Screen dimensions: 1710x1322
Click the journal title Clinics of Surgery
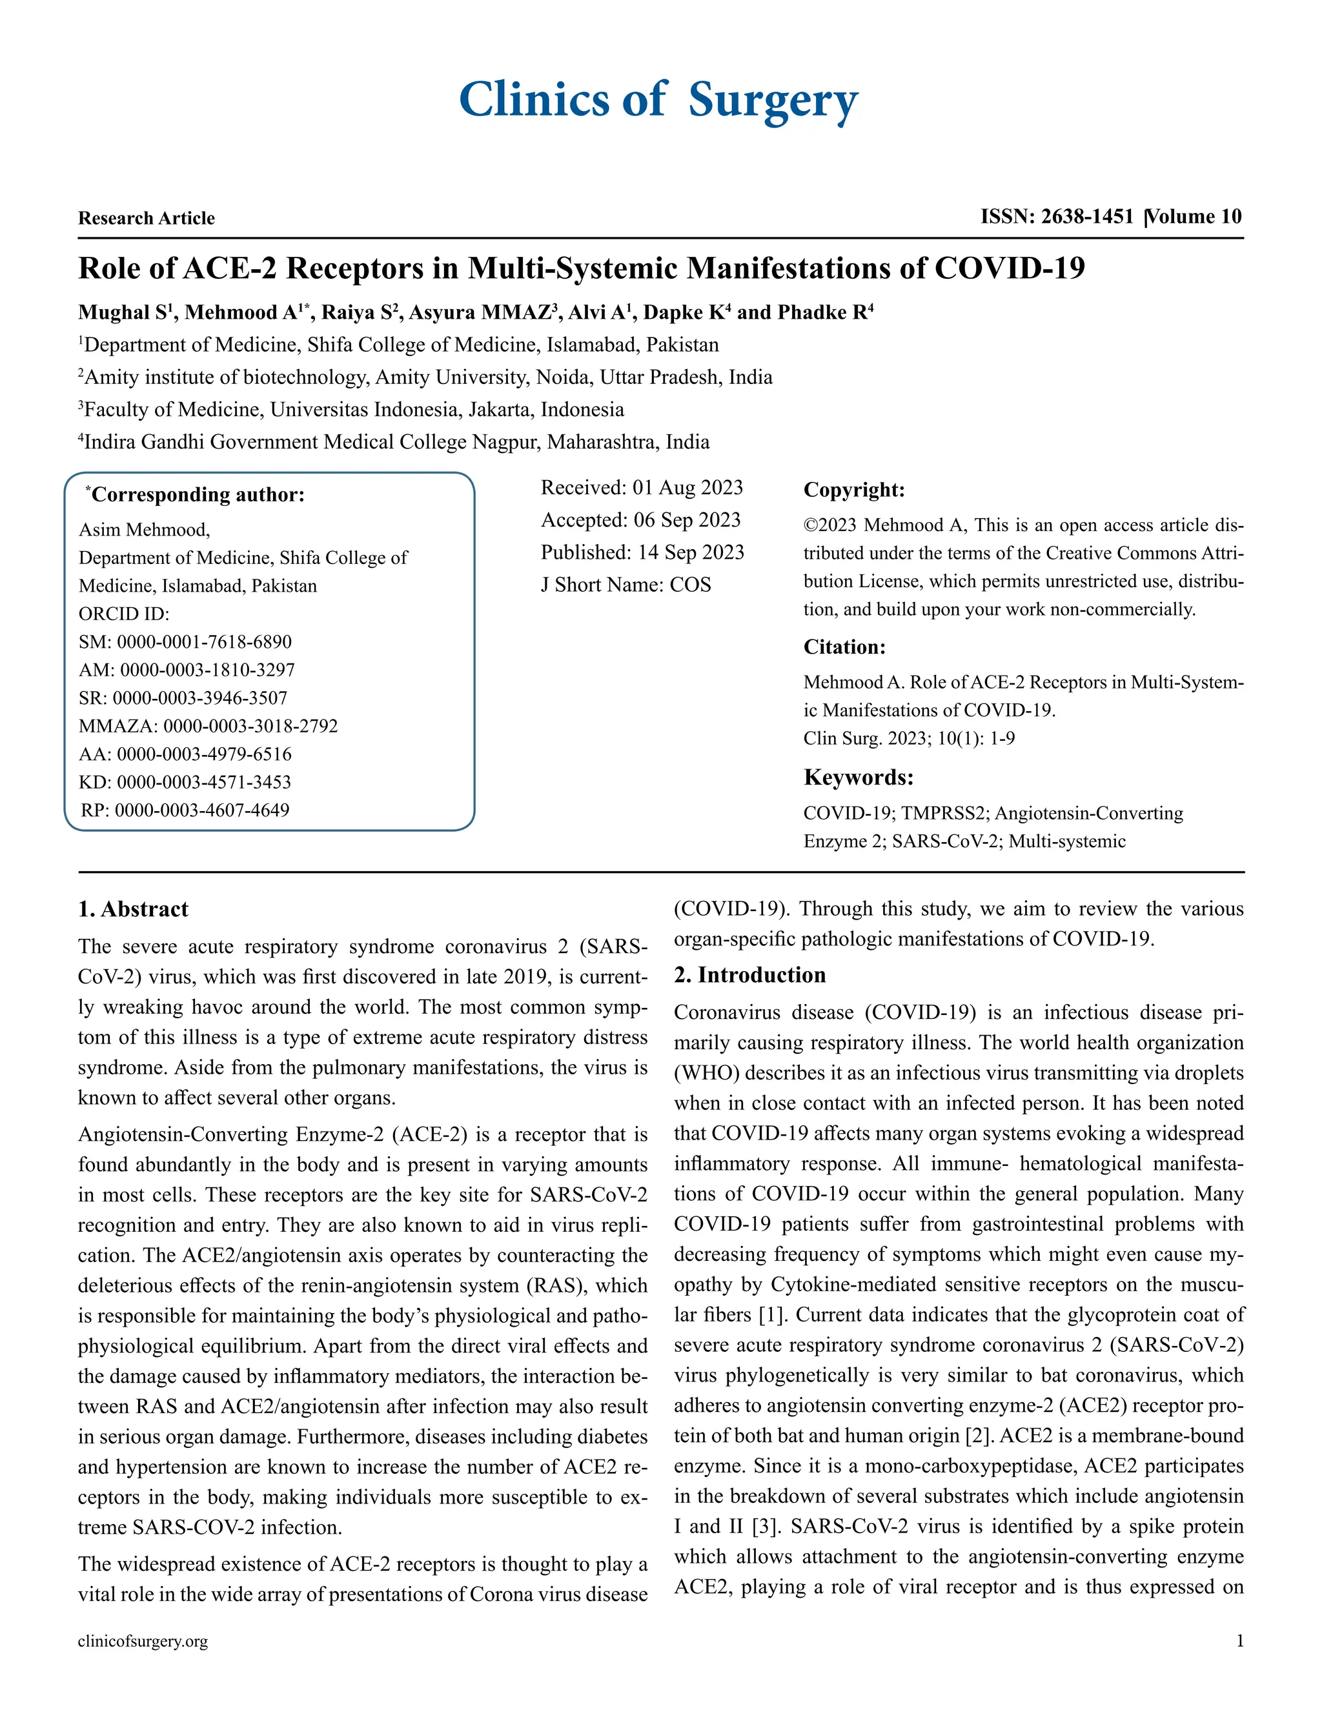658,100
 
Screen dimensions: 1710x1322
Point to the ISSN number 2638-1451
1087,217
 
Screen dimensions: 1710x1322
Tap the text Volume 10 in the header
1195,217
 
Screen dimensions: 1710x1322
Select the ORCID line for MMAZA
208,726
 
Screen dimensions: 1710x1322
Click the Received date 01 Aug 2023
642,488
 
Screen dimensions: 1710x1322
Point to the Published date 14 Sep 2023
642,553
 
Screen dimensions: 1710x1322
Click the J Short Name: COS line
625,585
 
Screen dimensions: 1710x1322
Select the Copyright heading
853,490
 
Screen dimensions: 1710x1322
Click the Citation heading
844,647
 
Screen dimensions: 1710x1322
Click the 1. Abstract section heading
133,909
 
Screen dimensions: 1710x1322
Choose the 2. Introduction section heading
749,975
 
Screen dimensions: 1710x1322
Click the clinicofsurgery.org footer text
143,1641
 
